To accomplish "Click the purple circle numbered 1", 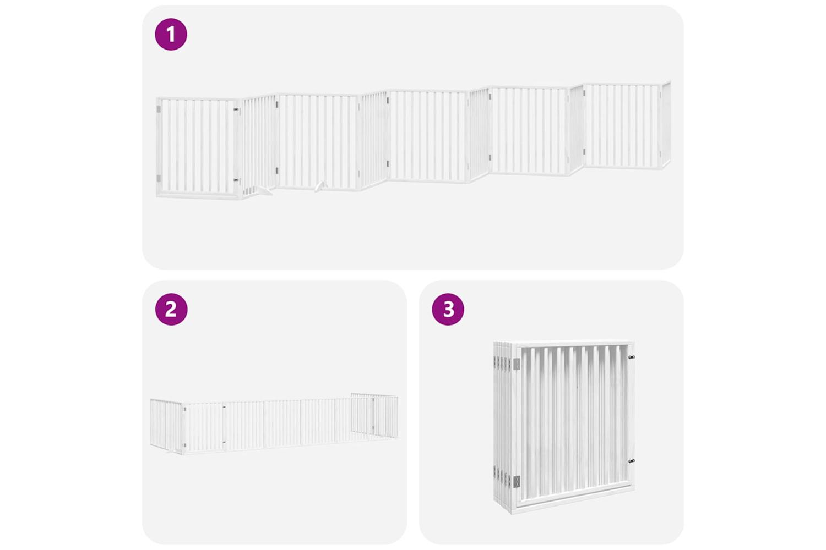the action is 171,34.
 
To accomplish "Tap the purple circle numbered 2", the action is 171,309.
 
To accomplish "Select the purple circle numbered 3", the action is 448,309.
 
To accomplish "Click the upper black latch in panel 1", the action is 236,109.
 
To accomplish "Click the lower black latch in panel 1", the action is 236,180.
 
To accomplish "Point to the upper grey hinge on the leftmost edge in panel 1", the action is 159,109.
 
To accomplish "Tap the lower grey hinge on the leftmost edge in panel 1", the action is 159,179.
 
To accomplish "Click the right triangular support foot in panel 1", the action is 321,186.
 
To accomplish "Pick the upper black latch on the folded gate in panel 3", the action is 631,357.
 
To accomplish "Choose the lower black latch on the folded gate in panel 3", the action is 631,461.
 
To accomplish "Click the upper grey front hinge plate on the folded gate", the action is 517,364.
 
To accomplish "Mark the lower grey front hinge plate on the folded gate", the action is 517,481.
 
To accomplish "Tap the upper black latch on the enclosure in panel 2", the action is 224,407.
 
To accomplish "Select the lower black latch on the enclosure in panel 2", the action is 224,442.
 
